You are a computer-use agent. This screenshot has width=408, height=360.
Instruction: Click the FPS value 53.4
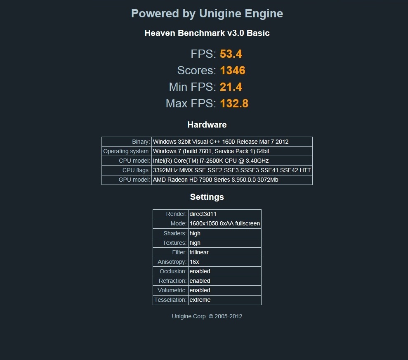point(231,54)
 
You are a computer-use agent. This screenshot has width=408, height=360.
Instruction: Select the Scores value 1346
point(233,70)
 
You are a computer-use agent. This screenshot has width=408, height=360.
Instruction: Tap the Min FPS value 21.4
point(231,87)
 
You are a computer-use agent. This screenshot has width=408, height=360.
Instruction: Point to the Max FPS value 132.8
point(234,103)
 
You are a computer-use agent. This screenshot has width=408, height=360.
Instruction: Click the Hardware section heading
point(207,125)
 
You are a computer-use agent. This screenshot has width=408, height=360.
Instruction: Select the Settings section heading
point(207,197)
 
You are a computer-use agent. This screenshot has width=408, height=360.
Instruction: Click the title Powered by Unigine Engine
point(207,14)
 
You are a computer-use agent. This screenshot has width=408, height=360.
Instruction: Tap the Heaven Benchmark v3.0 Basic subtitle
point(207,33)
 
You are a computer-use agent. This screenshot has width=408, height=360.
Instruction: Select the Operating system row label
point(127,151)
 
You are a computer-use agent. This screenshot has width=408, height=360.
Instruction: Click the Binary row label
point(141,142)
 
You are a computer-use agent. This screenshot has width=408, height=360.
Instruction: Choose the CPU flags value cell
point(232,170)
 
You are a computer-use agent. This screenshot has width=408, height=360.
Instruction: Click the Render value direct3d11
point(203,214)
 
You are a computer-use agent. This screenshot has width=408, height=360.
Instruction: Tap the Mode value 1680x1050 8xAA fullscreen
point(224,223)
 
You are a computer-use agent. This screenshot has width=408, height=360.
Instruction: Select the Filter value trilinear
point(199,252)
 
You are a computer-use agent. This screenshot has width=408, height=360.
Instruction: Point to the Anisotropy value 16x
point(194,262)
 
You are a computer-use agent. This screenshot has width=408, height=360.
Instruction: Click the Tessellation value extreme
point(200,300)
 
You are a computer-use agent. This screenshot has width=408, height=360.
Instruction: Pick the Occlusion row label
point(173,271)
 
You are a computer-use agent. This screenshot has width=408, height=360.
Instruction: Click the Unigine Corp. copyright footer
point(207,316)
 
